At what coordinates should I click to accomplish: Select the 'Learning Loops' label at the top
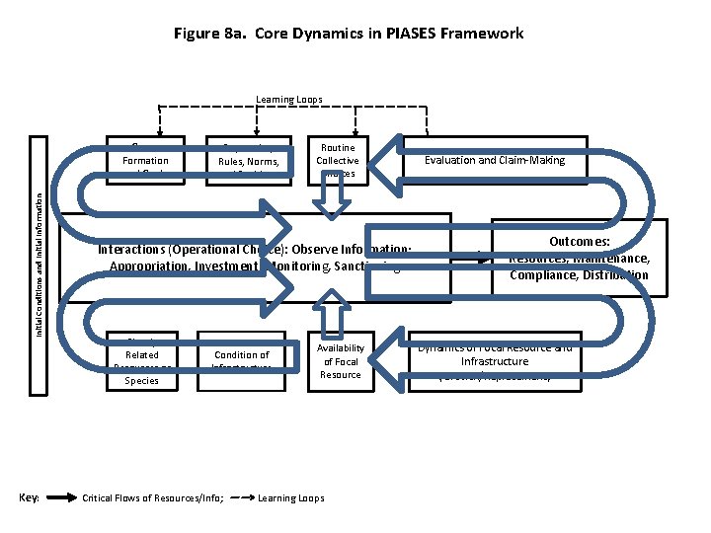point(288,99)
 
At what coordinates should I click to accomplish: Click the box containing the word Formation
point(145,160)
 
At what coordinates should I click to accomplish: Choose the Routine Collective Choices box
point(337,160)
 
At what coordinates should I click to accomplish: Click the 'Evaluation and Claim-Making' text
point(495,160)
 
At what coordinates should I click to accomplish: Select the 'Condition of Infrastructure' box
point(242,359)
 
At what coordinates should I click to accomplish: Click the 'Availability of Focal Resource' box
point(341,360)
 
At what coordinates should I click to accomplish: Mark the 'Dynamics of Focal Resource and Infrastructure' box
point(494,360)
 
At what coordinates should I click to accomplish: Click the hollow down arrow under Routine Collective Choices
point(329,200)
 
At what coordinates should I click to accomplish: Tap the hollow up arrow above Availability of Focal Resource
point(331,315)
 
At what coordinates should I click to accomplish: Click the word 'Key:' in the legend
point(29,497)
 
